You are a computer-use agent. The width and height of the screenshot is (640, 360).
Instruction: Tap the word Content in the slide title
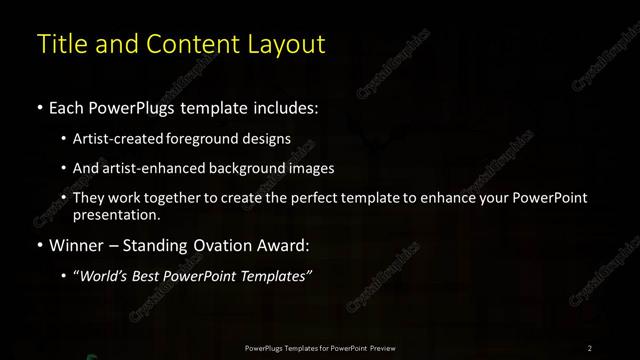click(196, 44)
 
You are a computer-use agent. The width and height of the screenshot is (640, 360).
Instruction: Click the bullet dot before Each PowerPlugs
click(39, 106)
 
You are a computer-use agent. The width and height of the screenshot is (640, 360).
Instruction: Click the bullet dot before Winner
click(39, 244)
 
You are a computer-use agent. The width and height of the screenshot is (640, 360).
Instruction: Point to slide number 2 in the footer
click(590, 347)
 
